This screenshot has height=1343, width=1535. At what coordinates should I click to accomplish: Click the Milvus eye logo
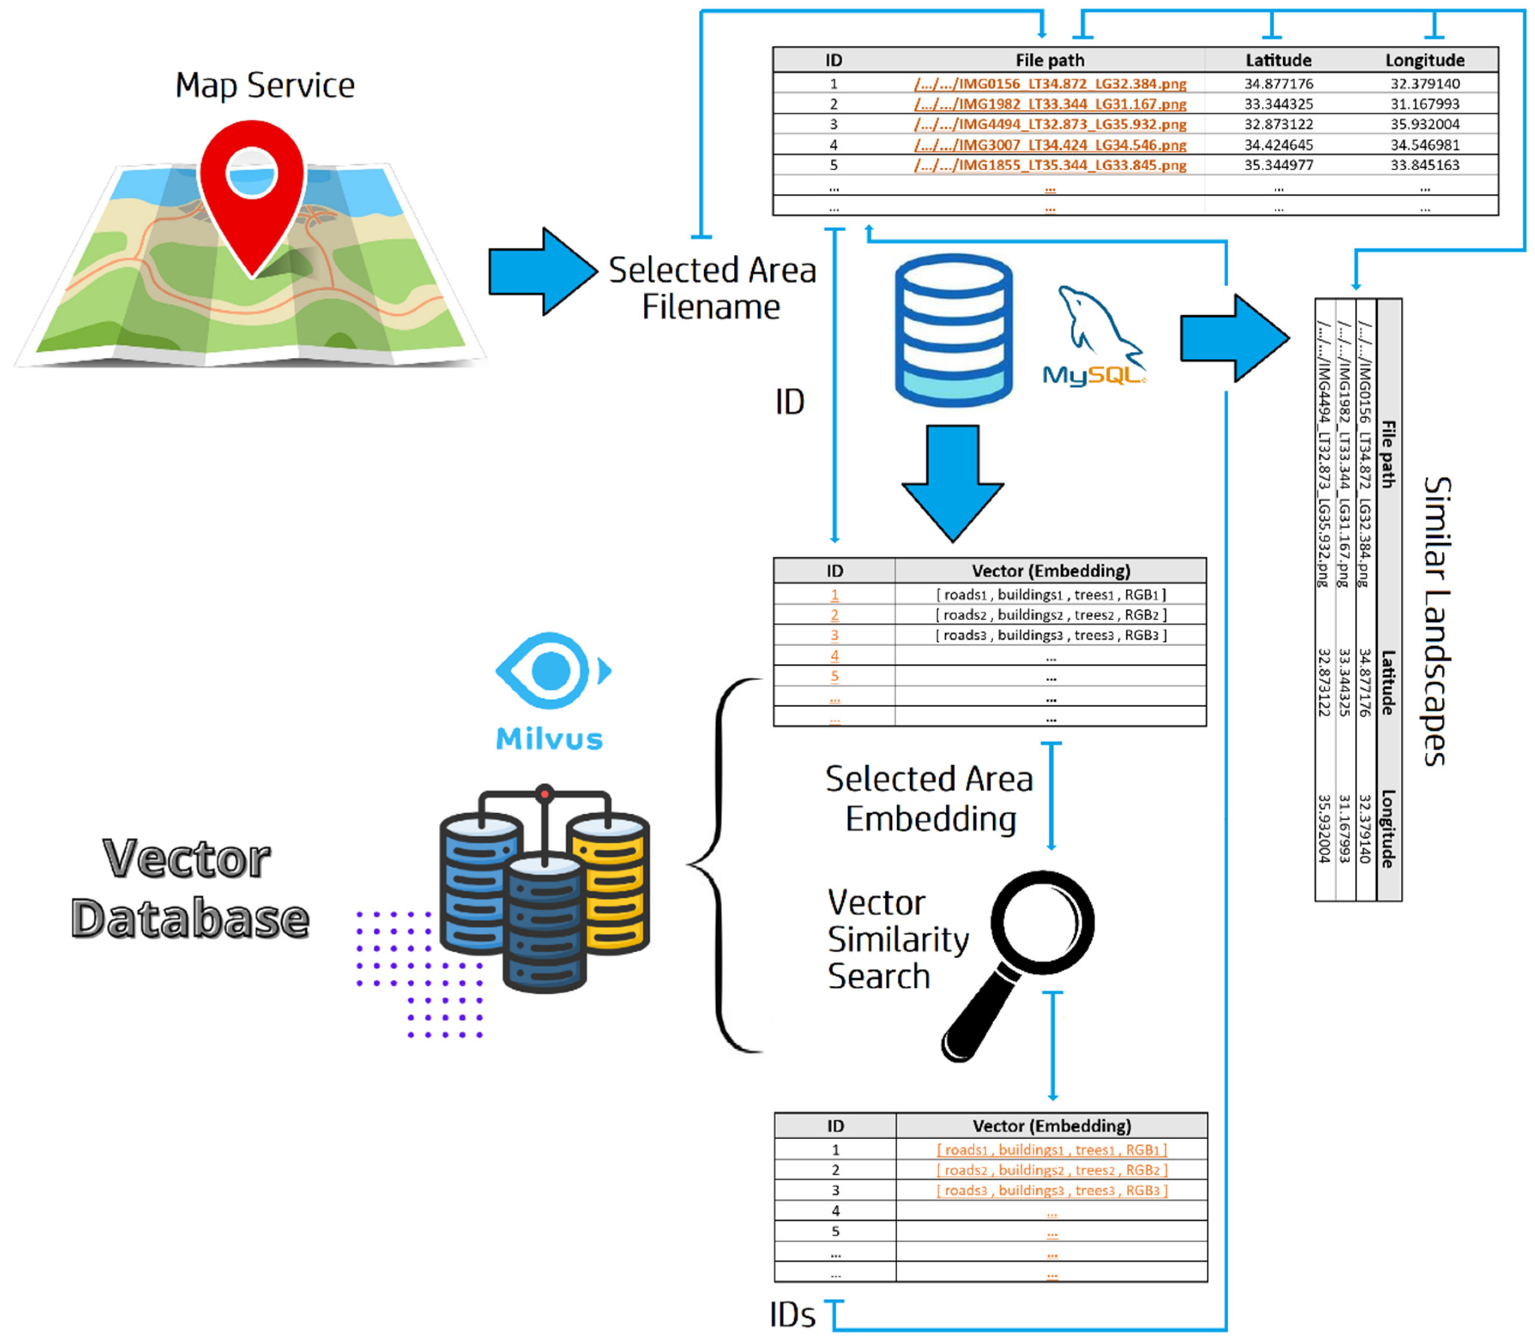click(552, 671)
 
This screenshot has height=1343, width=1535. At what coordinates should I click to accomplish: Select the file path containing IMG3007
click(1050, 145)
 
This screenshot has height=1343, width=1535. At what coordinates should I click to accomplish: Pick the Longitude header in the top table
click(1424, 60)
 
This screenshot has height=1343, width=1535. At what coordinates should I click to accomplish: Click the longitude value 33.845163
click(1424, 165)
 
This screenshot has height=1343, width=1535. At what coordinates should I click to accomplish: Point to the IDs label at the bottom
click(792, 1315)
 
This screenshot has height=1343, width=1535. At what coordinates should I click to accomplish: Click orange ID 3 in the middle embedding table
click(834, 636)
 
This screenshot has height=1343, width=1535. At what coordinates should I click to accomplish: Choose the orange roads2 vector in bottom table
click(1052, 1170)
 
